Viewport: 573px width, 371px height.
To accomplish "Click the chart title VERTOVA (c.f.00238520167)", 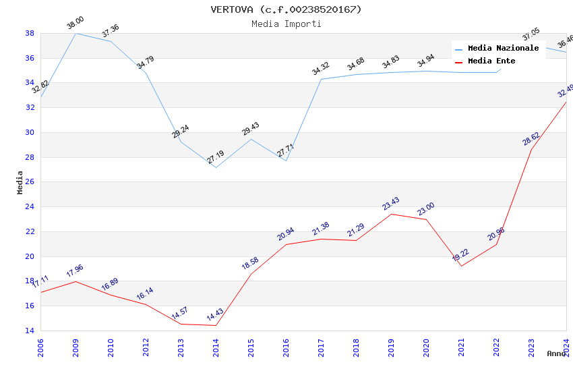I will pyautogui.click(x=286, y=9).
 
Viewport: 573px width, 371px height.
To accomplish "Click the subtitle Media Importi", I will pyautogui.click(x=286, y=24).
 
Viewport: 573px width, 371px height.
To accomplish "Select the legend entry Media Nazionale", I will pyautogui.click(x=503, y=48).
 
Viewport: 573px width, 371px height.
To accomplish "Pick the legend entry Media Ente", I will pyautogui.click(x=491, y=61).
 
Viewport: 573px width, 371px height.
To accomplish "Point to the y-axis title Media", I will pyautogui.click(x=20, y=182).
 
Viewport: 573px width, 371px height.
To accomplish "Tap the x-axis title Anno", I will pyautogui.click(x=556, y=353).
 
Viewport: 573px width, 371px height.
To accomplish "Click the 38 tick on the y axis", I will pyautogui.click(x=30, y=33).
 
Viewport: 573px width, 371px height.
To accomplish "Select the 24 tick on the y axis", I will pyautogui.click(x=30, y=207).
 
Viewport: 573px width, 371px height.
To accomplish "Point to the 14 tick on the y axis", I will pyautogui.click(x=30, y=331).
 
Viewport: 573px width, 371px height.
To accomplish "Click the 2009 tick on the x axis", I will pyautogui.click(x=76, y=347).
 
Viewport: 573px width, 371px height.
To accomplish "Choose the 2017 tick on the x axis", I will pyautogui.click(x=321, y=347).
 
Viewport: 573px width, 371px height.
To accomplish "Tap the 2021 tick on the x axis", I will pyautogui.click(x=461, y=347).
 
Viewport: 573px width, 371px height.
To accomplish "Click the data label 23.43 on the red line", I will pyautogui.click(x=391, y=204).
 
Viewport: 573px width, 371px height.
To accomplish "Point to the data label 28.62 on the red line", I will pyautogui.click(x=531, y=139).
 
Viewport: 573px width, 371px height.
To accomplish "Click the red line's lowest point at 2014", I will pyautogui.click(x=216, y=326).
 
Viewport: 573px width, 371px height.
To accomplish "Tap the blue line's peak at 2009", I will pyautogui.click(x=76, y=33).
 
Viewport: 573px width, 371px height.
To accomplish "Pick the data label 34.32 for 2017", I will pyautogui.click(x=321, y=69).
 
